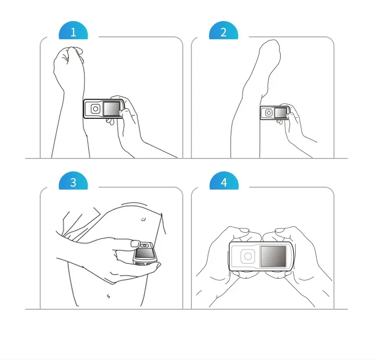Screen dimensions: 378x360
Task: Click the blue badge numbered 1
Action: [73, 31]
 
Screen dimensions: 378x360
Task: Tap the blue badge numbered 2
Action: [223, 31]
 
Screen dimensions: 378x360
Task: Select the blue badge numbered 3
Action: [73, 181]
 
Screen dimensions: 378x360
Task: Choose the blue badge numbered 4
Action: [224, 181]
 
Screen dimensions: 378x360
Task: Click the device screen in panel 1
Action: [111, 109]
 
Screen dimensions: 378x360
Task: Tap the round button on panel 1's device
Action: [96, 109]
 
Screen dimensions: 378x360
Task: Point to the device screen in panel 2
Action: [281, 112]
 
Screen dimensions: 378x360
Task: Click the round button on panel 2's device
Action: [269, 112]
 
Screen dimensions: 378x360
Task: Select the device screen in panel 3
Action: [145, 252]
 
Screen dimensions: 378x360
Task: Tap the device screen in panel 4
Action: [273, 256]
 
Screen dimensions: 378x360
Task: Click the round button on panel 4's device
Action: [248, 256]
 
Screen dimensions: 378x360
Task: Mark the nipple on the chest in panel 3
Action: [144, 219]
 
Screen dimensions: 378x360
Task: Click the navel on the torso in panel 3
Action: [109, 296]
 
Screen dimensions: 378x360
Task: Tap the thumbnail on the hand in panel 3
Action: [135, 244]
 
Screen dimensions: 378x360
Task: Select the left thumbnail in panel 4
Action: [245, 231]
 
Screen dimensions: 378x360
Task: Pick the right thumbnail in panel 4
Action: [280, 231]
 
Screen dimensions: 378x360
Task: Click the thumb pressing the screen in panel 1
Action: [125, 112]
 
